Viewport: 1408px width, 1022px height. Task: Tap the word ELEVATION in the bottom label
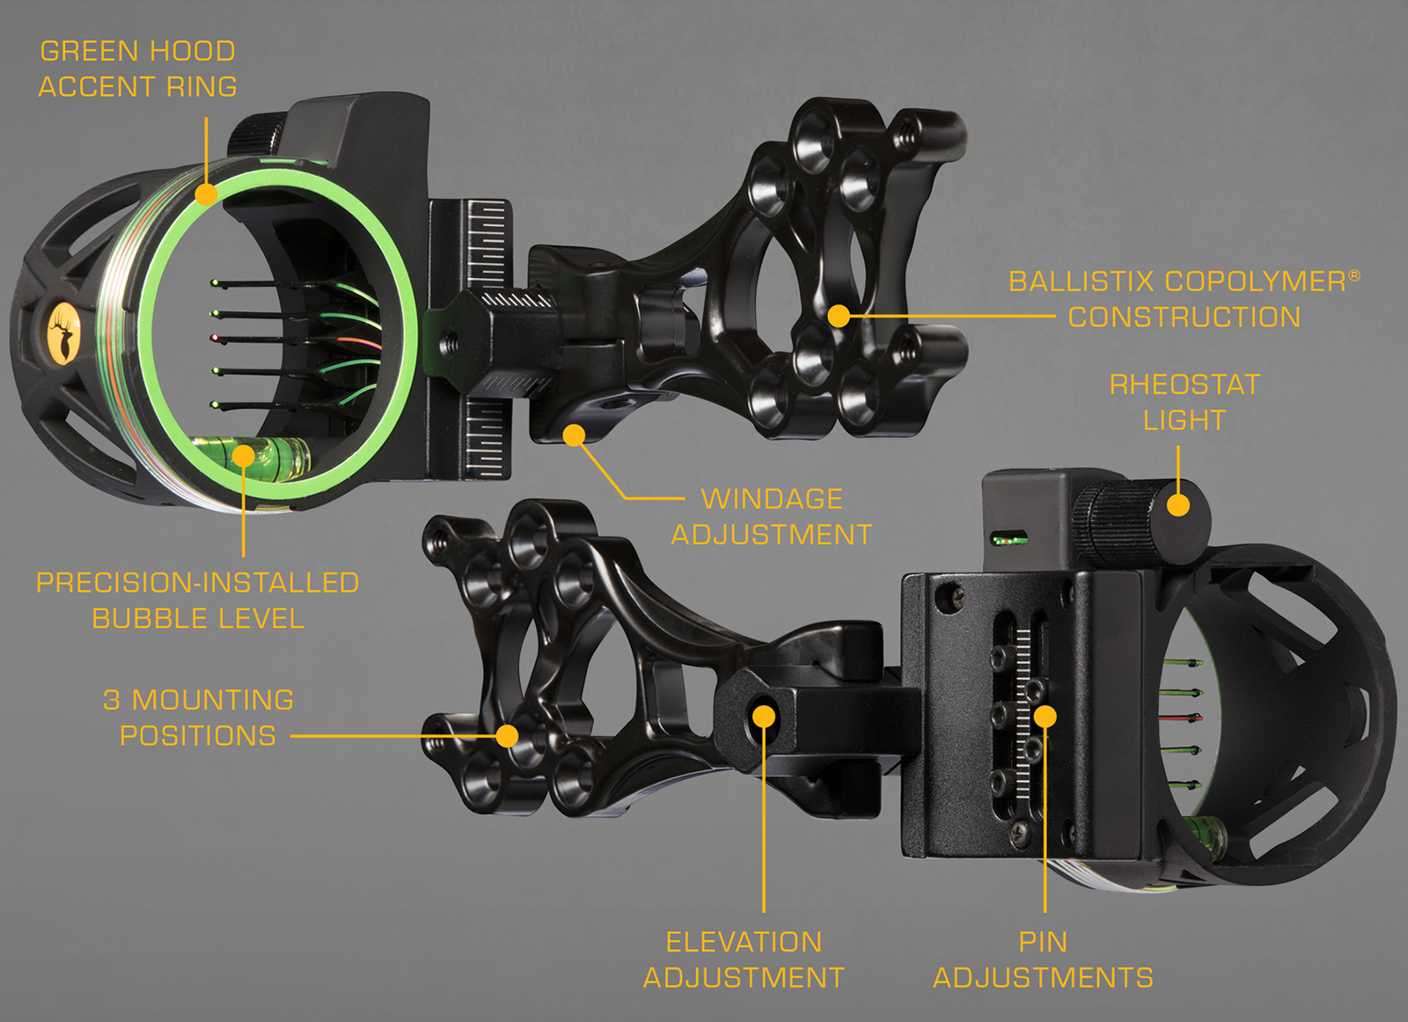tap(744, 942)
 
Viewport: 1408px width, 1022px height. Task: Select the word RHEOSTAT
tap(1184, 384)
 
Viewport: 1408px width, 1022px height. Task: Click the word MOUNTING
tap(213, 700)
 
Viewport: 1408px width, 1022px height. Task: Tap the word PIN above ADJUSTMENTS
tap(1043, 942)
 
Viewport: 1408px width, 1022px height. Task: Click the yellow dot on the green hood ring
tap(206, 193)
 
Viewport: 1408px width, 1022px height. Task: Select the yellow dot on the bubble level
tap(244, 455)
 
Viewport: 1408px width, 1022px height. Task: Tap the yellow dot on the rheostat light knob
tap(1177, 505)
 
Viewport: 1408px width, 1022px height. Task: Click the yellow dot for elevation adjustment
tap(764, 717)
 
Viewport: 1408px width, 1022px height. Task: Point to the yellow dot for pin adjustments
tap(1045, 717)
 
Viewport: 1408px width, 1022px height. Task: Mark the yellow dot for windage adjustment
tap(574, 434)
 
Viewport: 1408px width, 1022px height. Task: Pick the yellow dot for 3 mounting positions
tap(507, 735)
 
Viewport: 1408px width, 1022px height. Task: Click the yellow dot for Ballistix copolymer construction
tap(839, 315)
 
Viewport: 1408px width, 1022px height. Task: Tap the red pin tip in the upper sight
tap(214, 339)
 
